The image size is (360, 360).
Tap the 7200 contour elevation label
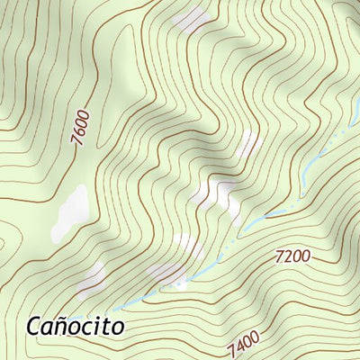[292, 256]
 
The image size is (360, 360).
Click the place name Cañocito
[75, 325]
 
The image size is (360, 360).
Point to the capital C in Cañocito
[35, 325]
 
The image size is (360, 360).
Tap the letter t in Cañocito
[108, 325]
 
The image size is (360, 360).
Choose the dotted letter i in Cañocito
[98, 325]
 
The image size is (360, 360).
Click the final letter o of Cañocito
[118, 327]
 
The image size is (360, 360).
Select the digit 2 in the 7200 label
[288, 256]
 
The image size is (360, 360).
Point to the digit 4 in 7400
[239, 345]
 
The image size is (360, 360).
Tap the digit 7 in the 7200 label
[280, 257]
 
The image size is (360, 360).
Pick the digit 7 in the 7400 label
[232, 349]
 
